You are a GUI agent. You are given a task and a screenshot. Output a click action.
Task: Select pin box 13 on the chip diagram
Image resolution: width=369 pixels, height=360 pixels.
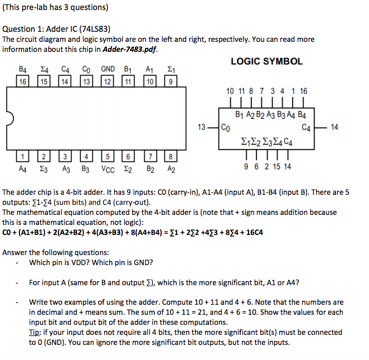[86, 81]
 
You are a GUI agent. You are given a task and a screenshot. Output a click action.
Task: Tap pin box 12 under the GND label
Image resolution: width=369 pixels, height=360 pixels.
[108, 81]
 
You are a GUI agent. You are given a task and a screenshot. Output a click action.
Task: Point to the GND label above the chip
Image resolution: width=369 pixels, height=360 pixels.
[108, 69]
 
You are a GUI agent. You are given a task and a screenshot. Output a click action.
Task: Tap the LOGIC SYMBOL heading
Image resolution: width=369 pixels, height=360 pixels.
[266, 61]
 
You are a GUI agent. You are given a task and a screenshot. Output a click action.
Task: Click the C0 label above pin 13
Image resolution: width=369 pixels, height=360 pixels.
[86, 69]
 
